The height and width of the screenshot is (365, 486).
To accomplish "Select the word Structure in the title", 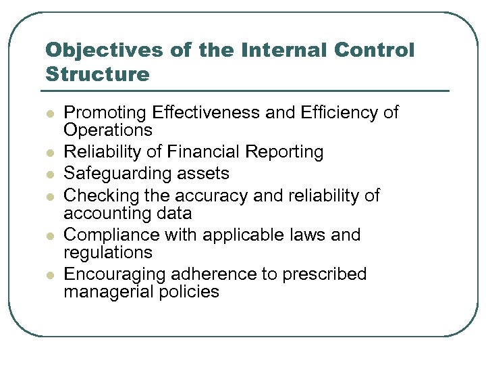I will pos(97,73).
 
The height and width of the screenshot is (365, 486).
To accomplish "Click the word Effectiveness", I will pos(207,112).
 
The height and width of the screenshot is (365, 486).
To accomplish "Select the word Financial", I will pos(207,152).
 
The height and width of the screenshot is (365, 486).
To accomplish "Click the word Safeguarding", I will pos(115,174).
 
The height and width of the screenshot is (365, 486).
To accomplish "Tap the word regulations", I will pos(108,253).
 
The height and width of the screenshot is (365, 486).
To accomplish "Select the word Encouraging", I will pos(115,274).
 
